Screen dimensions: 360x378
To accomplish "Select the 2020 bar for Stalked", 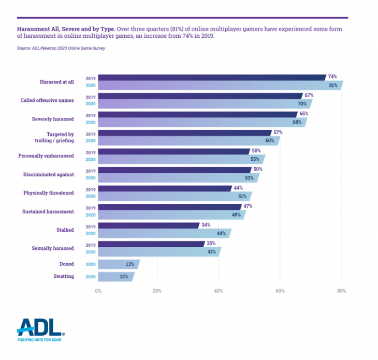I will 164,233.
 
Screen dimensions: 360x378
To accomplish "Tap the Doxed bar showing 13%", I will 118,264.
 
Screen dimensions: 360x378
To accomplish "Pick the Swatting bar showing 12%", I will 116,277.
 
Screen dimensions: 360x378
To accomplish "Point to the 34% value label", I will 206,226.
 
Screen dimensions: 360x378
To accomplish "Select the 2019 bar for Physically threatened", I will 165,188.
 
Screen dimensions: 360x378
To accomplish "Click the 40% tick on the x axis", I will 219,291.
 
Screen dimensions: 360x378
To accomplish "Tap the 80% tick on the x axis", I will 341,291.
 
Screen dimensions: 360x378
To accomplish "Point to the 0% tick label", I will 98,291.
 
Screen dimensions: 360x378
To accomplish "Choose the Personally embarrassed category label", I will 46,156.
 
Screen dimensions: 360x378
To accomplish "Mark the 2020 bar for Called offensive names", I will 205,103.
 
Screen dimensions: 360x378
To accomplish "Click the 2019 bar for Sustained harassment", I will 170,207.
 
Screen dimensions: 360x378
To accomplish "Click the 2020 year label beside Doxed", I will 91,264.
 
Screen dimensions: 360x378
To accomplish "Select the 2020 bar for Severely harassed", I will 202,122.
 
